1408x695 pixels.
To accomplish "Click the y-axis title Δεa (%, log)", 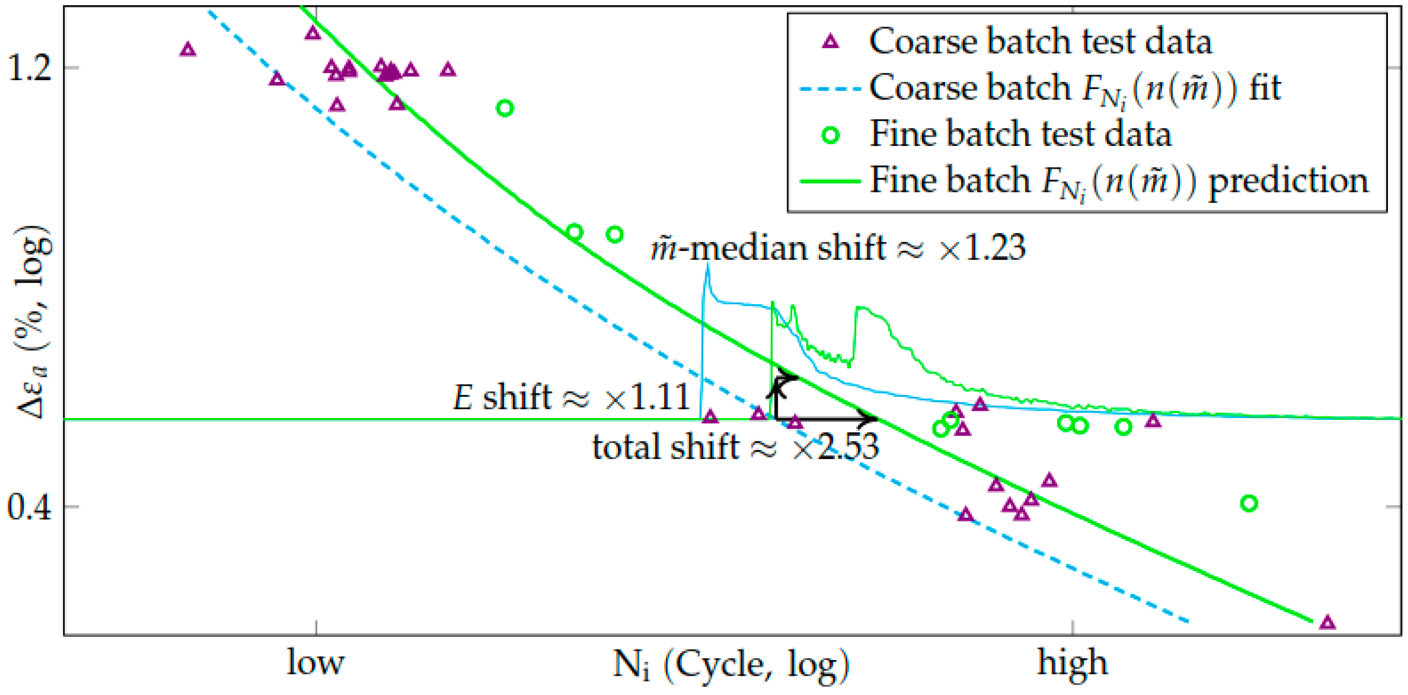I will click(34, 323).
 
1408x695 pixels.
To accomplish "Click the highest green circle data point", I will click(504, 108).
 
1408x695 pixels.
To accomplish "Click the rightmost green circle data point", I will click(1249, 503).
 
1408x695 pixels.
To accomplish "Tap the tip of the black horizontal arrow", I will click(876, 419).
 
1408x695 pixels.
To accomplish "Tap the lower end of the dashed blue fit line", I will click(1188, 621).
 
